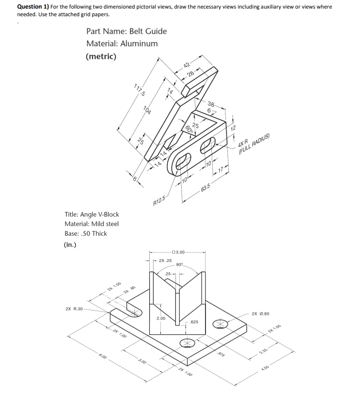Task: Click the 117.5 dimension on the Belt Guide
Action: (x=140, y=90)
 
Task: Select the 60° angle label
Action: (x=188, y=128)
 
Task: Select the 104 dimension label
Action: (x=148, y=111)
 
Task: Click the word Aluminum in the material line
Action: (x=139, y=44)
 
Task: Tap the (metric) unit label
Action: (x=101, y=56)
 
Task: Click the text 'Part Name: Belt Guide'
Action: (x=126, y=31)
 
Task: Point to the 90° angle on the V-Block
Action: (x=179, y=264)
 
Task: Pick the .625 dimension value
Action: (x=193, y=322)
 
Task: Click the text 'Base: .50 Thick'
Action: (x=86, y=233)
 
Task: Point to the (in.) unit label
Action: (x=70, y=245)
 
